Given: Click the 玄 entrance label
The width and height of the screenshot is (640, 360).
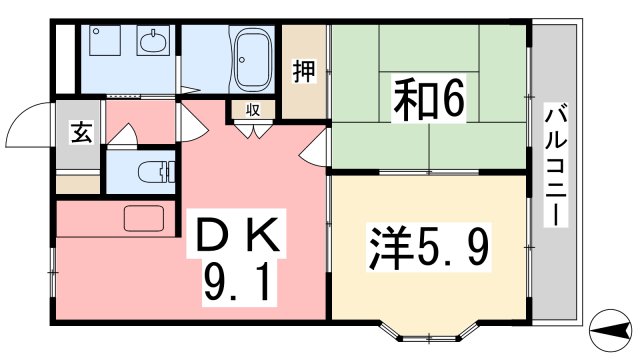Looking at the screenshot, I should (81, 132).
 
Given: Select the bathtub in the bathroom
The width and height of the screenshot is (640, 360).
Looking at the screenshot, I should (251, 59).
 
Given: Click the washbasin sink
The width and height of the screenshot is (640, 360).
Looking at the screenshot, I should (153, 42).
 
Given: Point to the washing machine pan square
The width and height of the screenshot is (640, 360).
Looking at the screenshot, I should (103, 42).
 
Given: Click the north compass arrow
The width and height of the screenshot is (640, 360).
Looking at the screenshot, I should (609, 326).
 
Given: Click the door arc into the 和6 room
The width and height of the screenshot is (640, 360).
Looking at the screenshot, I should (315, 150).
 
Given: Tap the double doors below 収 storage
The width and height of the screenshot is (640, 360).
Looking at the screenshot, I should (252, 129).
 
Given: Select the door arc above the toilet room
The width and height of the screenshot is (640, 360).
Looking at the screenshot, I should (125, 134).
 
